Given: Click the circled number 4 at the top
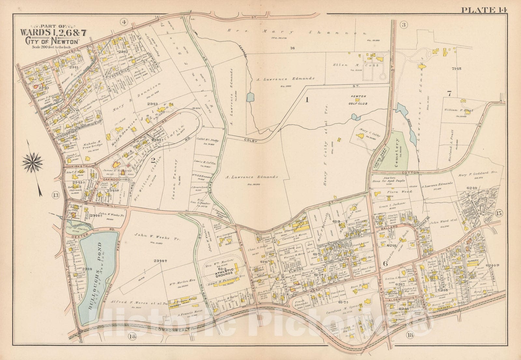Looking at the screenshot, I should [x=123, y=22].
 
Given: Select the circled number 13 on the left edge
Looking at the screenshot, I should [x=56, y=195].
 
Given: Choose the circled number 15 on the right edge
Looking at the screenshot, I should [x=499, y=213].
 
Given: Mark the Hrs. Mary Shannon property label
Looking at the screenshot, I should [x=296, y=32].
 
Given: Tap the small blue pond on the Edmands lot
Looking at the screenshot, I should [x=250, y=97].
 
